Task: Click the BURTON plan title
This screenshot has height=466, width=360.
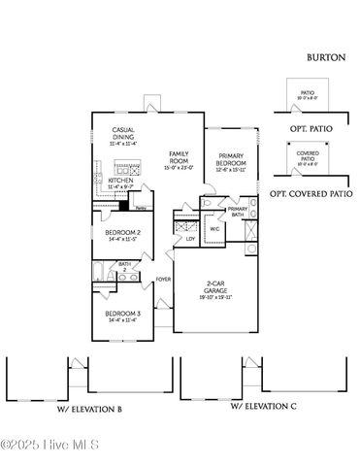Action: coord(326,57)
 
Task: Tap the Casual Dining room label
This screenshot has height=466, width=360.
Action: coord(123,133)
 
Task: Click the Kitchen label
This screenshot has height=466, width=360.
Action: coord(120,181)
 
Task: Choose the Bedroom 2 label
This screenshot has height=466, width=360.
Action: coord(123,233)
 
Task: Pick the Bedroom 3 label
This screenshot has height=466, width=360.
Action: coord(123,314)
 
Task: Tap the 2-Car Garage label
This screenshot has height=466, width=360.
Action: coord(217,284)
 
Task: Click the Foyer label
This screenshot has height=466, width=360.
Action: coord(163,280)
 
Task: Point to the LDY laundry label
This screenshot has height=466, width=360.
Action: coord(191,238)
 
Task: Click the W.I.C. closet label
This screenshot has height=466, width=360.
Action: coord(213,228)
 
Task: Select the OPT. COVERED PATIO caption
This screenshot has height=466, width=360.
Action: coord(311,193)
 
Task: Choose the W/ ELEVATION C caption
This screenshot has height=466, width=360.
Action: coord(263,407)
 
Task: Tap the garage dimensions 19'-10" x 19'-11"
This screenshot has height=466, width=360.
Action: coord(217,296)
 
